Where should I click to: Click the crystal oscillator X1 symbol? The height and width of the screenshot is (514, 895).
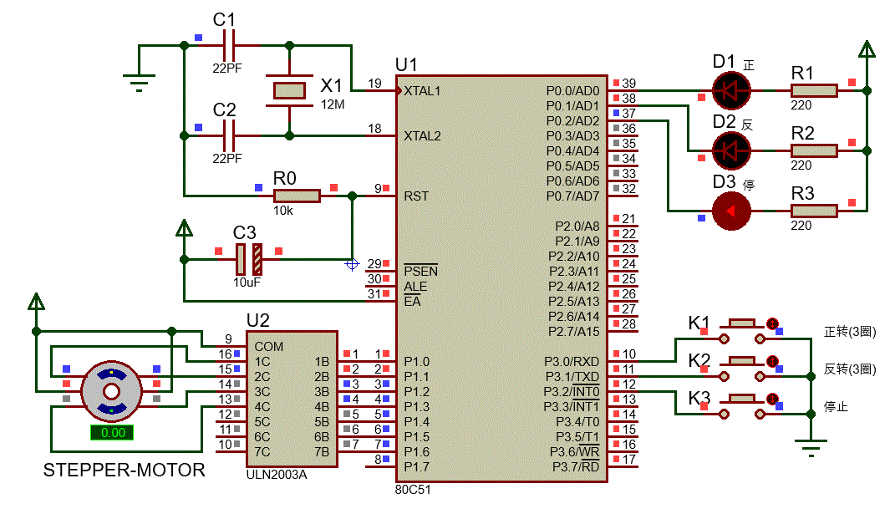click(290, 90)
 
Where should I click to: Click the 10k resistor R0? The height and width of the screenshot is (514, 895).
click(296, 196)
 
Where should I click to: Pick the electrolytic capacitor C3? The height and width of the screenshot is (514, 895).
click(248, 260)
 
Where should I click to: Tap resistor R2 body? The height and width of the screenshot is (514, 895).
click(813, 150)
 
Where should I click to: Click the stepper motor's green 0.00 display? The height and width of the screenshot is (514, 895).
click(112, 432)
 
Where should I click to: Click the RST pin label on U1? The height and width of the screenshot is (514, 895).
click(415, 196)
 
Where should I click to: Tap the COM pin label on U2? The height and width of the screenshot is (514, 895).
click(268, 346)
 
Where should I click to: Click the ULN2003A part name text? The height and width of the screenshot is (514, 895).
click(277, 474)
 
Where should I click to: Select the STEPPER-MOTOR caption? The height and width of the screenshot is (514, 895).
click(124, 471)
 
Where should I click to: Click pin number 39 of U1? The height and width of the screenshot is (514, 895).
click(628, 83)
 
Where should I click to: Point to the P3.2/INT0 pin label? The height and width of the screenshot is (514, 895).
click(571, 391)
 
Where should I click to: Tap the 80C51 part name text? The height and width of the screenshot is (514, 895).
click(414, 488)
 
